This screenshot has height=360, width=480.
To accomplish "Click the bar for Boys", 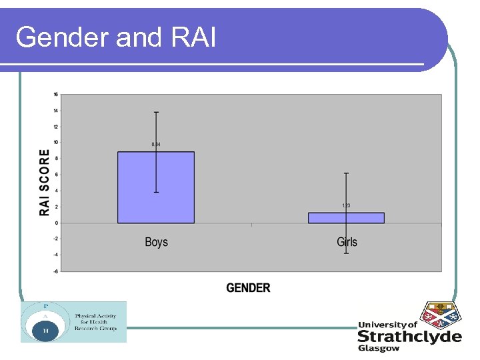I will click(x=156, y=187).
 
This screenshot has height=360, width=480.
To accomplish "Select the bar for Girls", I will click(x=346, y=218).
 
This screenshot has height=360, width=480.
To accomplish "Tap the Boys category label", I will click(x=156, y=242).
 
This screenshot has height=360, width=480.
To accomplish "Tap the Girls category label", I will click(x=347, y=242).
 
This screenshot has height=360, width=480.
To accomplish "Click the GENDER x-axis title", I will click(x=248, y=288).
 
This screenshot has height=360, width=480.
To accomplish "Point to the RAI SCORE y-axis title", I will click(x=45, y=182).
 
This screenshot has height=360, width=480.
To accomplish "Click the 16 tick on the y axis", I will click(x=55, y=94).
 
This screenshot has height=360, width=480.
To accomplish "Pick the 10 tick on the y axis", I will click(x=55, y=142).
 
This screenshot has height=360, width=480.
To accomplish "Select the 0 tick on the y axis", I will click(x=56, y=223).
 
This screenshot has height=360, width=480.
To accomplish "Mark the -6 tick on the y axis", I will click(x=55, y=271).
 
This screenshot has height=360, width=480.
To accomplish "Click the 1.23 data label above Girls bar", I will click(x=346, y=205).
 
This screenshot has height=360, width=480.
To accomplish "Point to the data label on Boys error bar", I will click(x=156, y=145).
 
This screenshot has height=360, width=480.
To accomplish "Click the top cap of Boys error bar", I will click(x=156, y=112).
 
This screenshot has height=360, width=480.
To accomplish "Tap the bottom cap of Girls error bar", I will click(x=346, y=253).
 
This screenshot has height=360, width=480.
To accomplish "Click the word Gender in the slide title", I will click(x=63, y=38).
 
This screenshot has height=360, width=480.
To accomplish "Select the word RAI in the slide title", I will click(x=194, y=38).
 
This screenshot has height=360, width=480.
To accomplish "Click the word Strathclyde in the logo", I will click(x=409, y=337).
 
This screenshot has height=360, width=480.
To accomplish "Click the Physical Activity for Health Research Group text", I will click(x=95, y=322).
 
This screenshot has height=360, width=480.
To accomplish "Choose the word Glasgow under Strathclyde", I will click(x=379, y=348).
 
